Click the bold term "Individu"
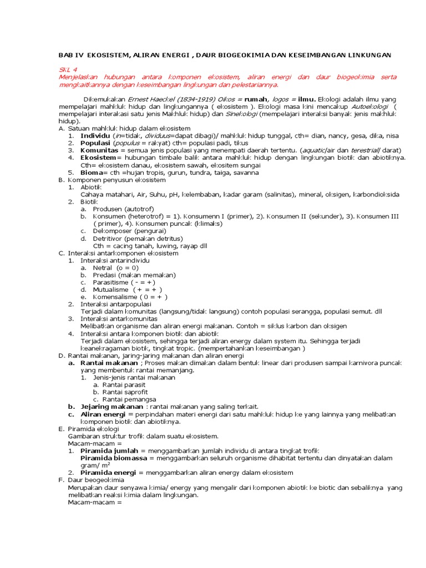95,135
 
